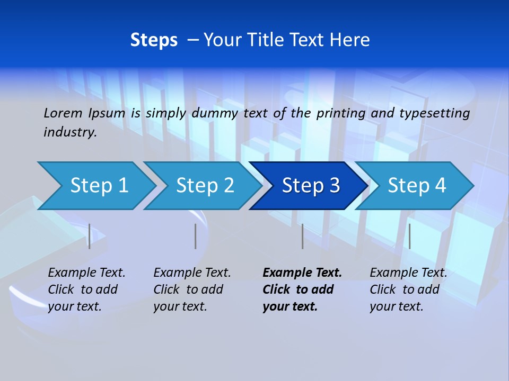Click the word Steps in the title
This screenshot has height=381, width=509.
pyautogui.click(x=154, y=40)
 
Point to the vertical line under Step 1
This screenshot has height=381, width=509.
pyautogui.click(x=89, y=236)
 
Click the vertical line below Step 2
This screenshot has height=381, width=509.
pyautogui.click(x=195, y=236)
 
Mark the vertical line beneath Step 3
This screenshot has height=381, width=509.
pyautogui.click(x=302, y=236)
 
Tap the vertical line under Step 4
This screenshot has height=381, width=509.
pyautogui.click(x=409, y=236)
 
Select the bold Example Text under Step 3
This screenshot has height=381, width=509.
pyautogui.click(x=302, y=289)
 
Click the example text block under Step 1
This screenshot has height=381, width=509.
pyautogui.click(x=86, y=289)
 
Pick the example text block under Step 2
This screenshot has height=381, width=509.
pyautogui.click(x=192, y=289)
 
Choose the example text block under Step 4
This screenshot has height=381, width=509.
pyautogui.click(x=408, y=289)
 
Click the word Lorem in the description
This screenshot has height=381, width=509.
pyautogui.click(x=63, y=113)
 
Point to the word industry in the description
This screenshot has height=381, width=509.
pyautogui.click(x=70, y=132)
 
